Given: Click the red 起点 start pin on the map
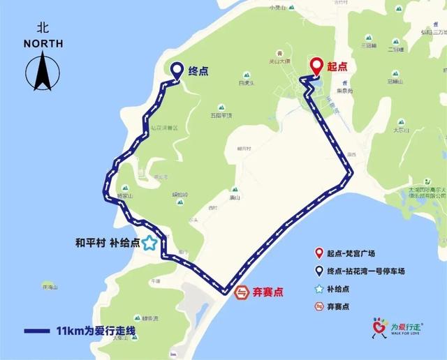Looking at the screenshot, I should (x=316, y=67).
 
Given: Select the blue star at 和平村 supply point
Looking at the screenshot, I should (x=149, y=243).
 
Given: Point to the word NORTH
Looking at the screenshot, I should (x=43, y=43).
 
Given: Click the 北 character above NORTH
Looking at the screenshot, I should (x=43, y=29).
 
